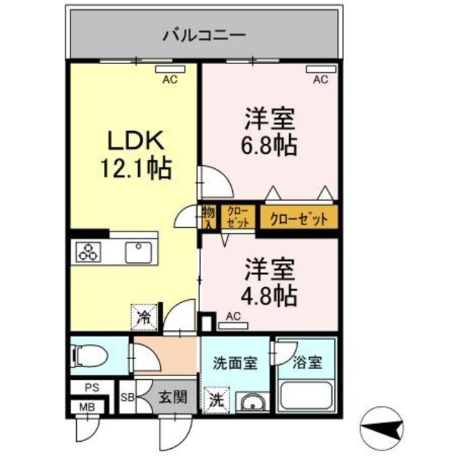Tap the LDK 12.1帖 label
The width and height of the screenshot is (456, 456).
point(136,153)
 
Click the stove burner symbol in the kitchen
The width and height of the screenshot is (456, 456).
point(88,253)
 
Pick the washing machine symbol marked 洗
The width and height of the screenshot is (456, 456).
point(214,400)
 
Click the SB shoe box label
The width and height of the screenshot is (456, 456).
point(128,397)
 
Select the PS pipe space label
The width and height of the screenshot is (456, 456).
point(90,388)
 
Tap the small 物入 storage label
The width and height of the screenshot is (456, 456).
point(208,217)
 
